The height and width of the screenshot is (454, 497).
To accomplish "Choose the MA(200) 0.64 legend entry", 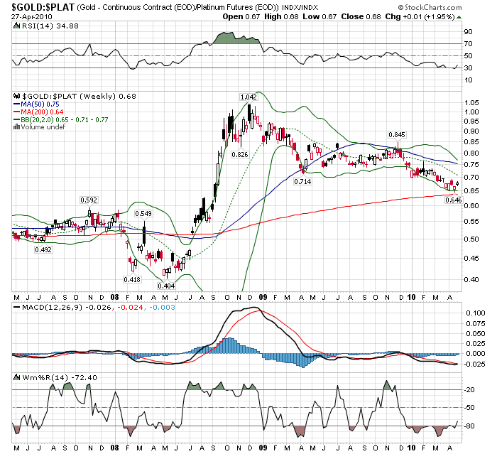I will click(x=44, y=112).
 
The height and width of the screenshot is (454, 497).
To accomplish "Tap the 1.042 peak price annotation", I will click(x=248, y=97).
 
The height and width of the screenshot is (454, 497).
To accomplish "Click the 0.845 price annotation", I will click(x=397, y=134).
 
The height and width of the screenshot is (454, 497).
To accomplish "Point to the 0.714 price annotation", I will click(x=303, y=183).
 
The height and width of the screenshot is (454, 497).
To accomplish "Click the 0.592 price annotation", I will click(x=89, y=200).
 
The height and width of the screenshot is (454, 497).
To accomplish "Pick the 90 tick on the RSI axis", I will click(x=469, y=32).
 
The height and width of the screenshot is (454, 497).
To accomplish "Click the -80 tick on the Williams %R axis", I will click(x=470, y=426).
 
